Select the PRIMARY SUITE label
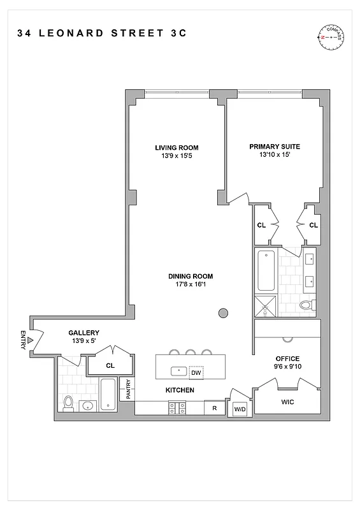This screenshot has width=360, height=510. pos(275,146)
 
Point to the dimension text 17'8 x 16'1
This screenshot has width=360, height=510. pos(191,284)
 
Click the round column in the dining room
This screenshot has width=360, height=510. pos(224,312)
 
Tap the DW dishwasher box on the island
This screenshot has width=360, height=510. pos(197,372)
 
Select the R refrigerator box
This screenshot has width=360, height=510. pos(215,407)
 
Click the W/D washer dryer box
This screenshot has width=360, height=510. pos(240,409)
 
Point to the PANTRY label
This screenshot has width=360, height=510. pos(128,390)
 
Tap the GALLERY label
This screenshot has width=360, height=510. pos(84,333)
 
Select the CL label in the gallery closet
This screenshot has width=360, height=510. pos(110,365)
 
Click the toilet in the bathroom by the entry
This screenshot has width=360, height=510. pos(68,402)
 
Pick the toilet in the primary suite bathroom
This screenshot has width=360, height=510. pos(306,305)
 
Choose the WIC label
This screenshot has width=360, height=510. pos(288,402)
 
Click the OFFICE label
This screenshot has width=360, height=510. pos(287,358)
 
